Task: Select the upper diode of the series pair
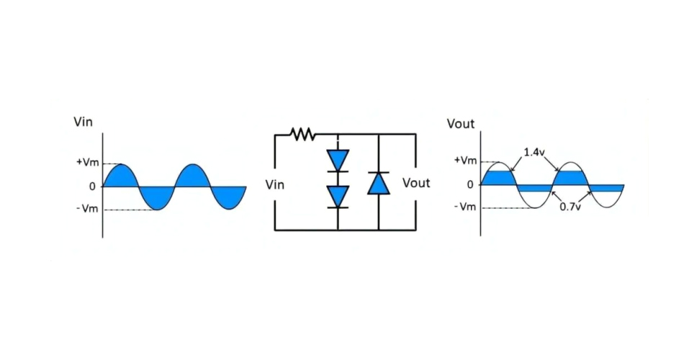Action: click(x=338, y=159)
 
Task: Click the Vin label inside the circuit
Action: click(x=275, y=185)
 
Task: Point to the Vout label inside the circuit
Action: click(x=416, y=183)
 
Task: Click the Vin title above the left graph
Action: click(x=84, y=122)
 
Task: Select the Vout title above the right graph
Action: click(x=461, y=124)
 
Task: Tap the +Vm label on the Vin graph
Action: click(x=87, y=163)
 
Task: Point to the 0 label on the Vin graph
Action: click(x=92, y=186)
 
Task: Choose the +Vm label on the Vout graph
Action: click(x=465, y=160)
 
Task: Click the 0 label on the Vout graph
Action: click(x=470, y=184)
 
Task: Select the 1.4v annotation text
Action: click(x=534, y=152)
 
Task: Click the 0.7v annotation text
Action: click(x=571, y=207)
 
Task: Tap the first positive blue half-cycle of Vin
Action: click(x=120, y=177)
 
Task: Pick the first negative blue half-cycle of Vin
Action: click(x=157, y=196)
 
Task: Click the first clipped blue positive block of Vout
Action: click(x=498, y=178)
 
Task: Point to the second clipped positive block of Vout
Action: click(x=570, y=178)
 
